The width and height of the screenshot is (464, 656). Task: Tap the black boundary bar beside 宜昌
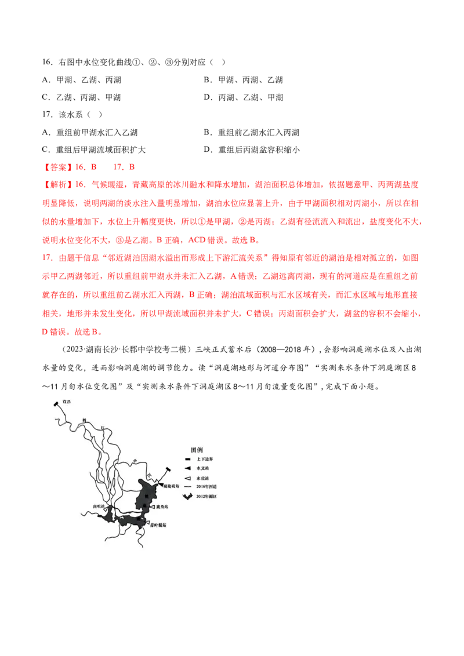click(x=56, y=404)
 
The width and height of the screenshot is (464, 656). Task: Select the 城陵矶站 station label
click(x=172, y=485)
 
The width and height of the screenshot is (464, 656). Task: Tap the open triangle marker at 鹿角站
click(x=152, y=506)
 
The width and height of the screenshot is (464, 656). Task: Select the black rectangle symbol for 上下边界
click(x=187, y=458)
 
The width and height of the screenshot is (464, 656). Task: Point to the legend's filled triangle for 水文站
click(x=187, y=468)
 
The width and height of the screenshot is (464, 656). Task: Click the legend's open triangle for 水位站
click(x=187, y=478)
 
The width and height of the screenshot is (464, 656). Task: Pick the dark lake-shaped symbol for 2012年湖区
click(x=187, y=497)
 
